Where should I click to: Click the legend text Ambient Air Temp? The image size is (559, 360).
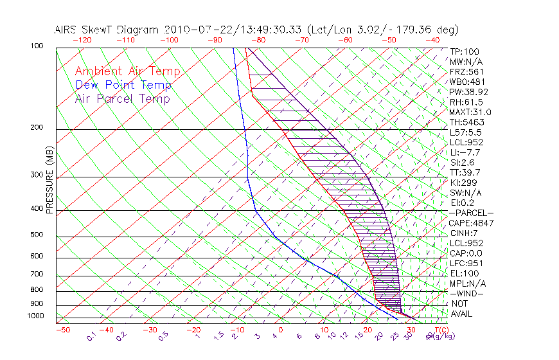coord(127,71)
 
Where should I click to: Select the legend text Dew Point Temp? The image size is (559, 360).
coord(123,85)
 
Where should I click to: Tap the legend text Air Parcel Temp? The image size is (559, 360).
coord(122,98)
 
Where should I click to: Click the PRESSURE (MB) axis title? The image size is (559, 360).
coord(49,179)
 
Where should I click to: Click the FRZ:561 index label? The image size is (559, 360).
coord(466,71)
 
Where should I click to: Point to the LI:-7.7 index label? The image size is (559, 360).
coord(465,152)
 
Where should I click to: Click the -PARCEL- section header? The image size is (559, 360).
coord(471,213)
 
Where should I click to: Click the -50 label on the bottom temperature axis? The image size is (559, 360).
coord(62,329)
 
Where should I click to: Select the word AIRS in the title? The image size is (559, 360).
coord(67,30)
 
